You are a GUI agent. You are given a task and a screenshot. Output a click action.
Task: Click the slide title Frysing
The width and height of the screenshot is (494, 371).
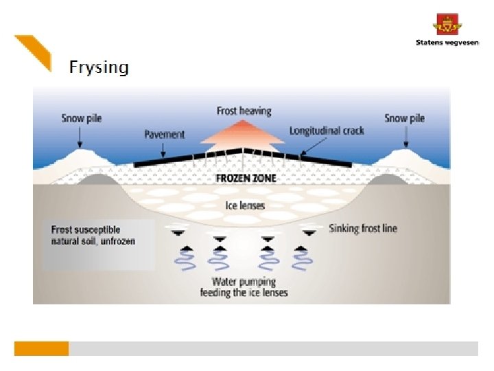[98, 67]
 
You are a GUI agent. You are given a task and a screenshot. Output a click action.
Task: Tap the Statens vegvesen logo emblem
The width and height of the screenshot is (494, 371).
[447, 25]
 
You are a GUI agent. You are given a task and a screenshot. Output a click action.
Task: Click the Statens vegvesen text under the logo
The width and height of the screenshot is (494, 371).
[447, 43]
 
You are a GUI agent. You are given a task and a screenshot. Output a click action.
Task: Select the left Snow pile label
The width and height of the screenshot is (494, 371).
[81, 118]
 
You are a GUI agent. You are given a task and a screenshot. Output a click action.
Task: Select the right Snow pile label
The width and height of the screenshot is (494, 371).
[404, 118]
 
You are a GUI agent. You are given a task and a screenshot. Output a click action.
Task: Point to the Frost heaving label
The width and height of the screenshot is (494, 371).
[244, 111]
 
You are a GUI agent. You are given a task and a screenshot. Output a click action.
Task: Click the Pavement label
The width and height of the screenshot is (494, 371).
[164, 134]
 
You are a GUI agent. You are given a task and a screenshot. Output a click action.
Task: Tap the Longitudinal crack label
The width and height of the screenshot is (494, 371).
[326, 131]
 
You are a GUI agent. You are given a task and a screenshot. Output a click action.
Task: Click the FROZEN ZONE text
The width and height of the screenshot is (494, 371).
[245, 177]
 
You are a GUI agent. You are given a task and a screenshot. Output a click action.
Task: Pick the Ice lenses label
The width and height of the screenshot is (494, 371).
[245, 205]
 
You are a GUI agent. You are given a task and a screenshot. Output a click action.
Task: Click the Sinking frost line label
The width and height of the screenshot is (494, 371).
[362, 228]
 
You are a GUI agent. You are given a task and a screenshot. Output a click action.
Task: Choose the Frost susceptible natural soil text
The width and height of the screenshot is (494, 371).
[93, 236]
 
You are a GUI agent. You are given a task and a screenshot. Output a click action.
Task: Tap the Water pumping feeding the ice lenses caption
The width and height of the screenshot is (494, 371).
[244, 287]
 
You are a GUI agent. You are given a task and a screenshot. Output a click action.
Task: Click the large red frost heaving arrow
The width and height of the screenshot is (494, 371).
[244, 134]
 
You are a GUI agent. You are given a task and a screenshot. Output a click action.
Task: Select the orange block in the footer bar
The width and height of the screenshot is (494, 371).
[41, 348]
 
